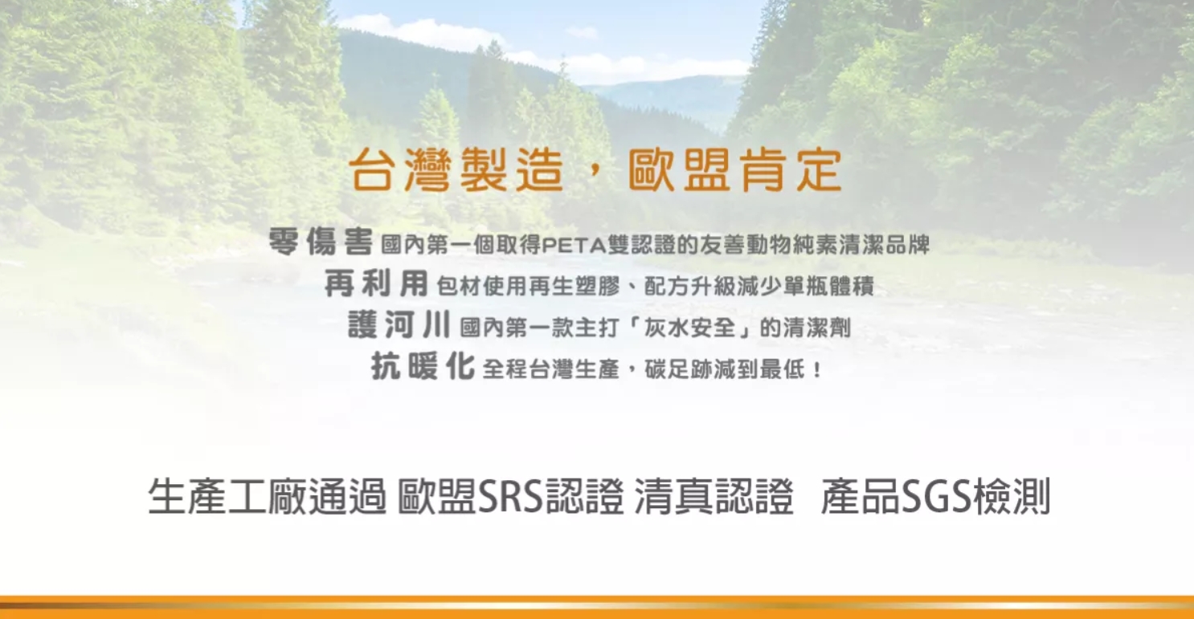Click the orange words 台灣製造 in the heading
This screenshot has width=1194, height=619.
457,169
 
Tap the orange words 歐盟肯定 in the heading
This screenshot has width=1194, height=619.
735,169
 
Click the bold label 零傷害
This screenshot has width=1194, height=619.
321,242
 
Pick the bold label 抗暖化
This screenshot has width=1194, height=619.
423,365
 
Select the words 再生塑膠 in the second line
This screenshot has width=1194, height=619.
575,287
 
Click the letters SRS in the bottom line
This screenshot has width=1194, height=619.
510,496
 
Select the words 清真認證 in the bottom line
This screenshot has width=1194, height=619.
714,496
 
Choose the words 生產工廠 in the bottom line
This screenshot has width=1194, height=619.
227,496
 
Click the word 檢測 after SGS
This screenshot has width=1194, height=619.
1011,496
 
